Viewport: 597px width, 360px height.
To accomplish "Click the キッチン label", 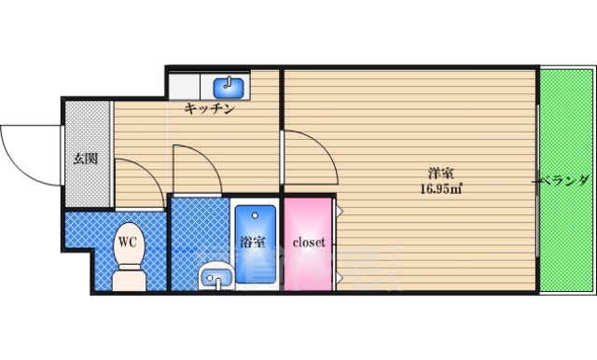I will tap(208, 109).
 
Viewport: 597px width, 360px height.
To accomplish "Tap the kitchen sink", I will tap(229, 88).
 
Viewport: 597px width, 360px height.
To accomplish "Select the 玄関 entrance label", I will tap(86, 158).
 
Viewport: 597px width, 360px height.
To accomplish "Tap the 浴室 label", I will tap(252, 242).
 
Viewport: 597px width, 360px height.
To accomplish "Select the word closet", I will tap(309, 242).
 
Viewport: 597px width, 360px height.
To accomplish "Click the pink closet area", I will tap(309, 266).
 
